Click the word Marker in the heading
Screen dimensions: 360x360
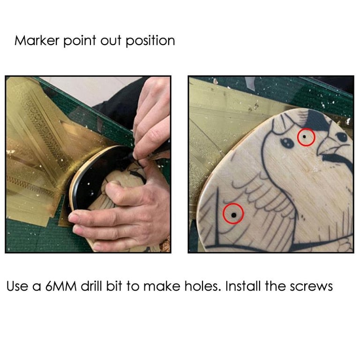pos(37,40)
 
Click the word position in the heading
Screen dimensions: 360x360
pos(150,41)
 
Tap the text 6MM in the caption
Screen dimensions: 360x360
pos(60,286)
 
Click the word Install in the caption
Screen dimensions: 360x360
pos(243,286)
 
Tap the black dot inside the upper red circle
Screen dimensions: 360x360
pos(304,136)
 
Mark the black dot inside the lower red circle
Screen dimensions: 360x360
pos(234,215)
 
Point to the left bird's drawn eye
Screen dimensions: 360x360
pos(287,143)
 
